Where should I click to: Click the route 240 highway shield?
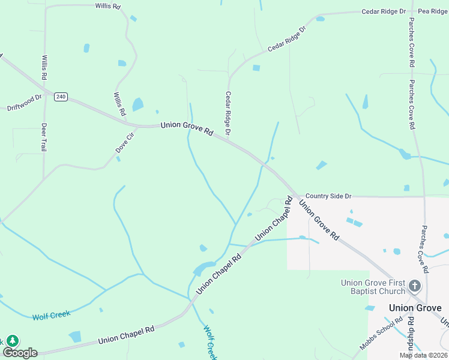pos(61,97)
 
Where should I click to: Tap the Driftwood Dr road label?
pos(25,103)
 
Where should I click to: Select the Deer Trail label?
pos(44,137)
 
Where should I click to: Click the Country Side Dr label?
pos(328,196)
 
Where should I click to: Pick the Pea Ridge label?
pos(433,11)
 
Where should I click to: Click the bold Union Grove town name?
pos(415,308)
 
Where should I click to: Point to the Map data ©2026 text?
pos(424,355)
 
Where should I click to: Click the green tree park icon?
pos(12,340)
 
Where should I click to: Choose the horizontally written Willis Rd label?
pos(107,5)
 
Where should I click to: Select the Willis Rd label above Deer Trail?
pos(44,68)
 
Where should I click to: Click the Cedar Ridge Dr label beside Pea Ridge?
pos(384,11)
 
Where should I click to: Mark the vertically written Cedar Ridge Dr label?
pos(228,113)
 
